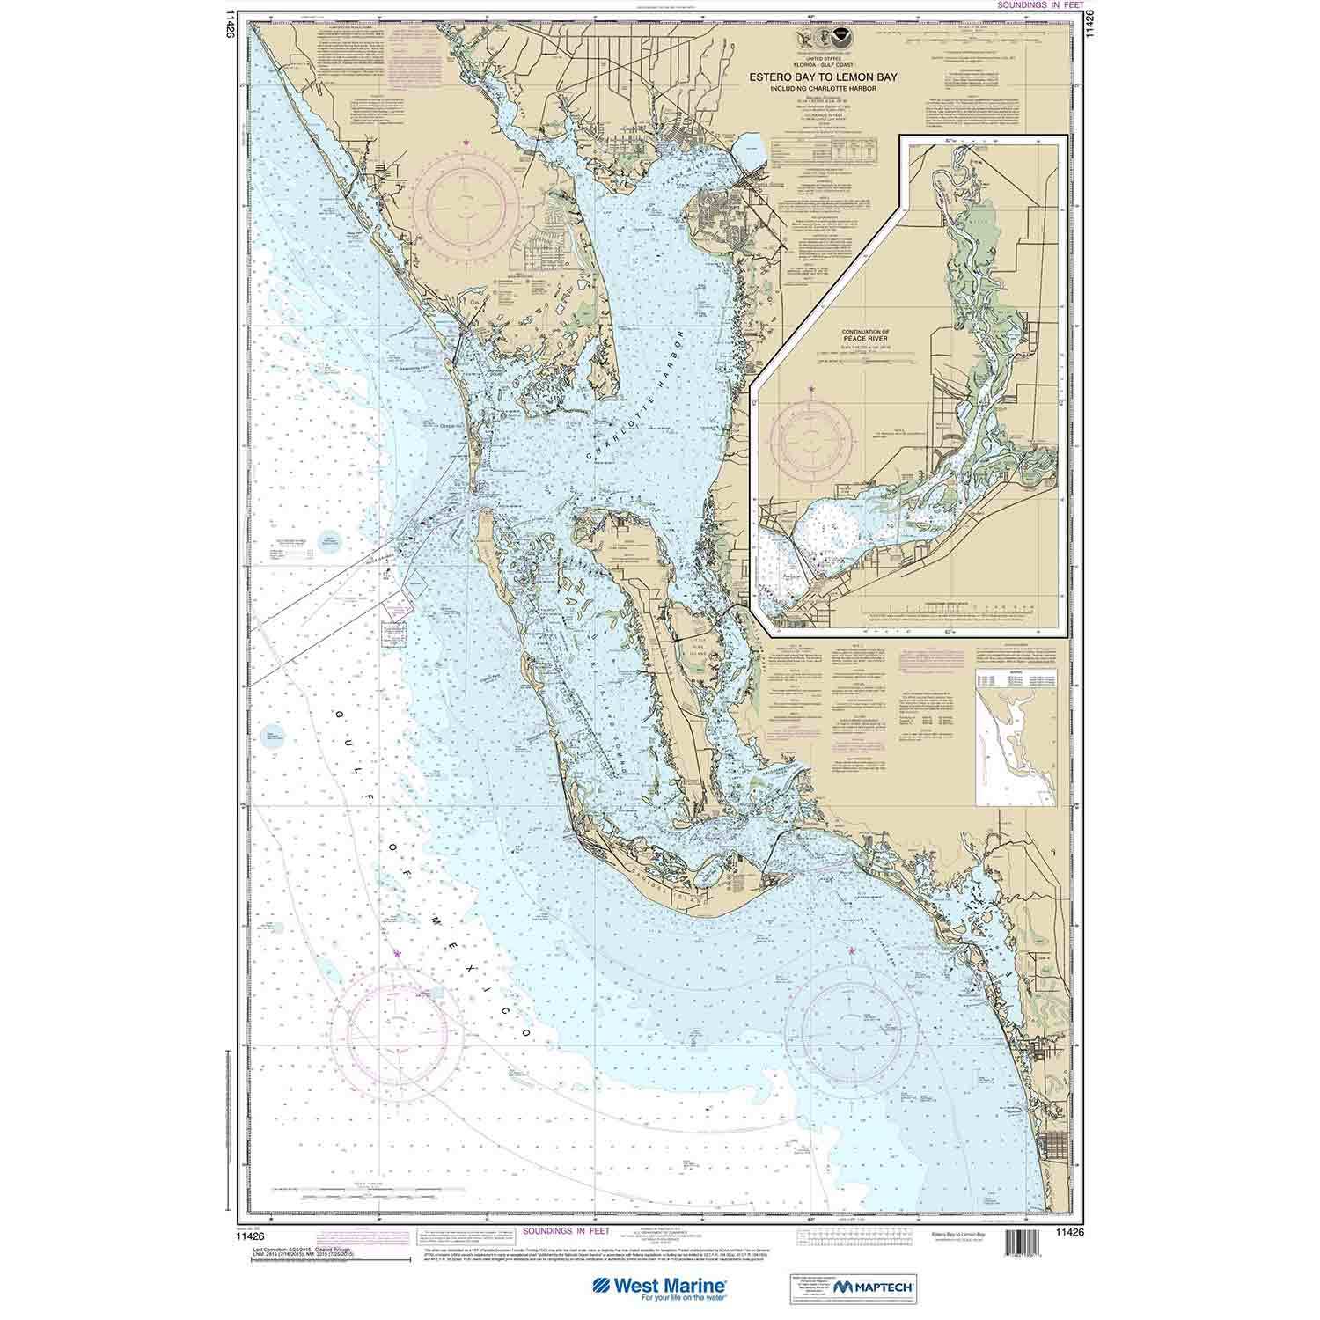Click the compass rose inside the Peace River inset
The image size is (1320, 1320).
coord(811,436)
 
